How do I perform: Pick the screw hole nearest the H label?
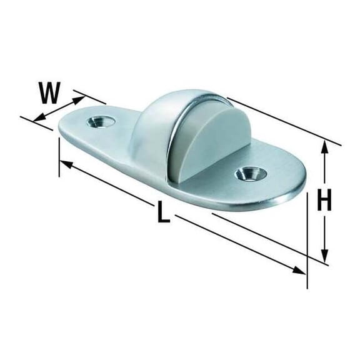(x=249, y=172)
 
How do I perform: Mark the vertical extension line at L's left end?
(x=59, y=156)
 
